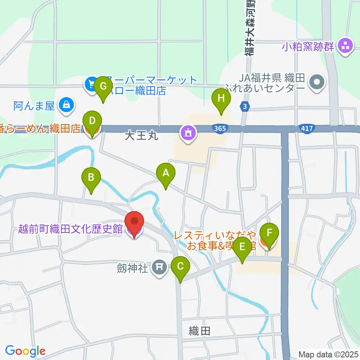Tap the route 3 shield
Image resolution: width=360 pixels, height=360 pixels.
point(245,106)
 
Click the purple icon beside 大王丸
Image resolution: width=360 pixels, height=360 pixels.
point(188,132)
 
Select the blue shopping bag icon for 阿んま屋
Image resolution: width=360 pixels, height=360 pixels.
point(66,105)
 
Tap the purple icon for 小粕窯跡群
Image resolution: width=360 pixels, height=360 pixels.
point(345,47)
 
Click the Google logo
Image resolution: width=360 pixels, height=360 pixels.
point(25,351)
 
